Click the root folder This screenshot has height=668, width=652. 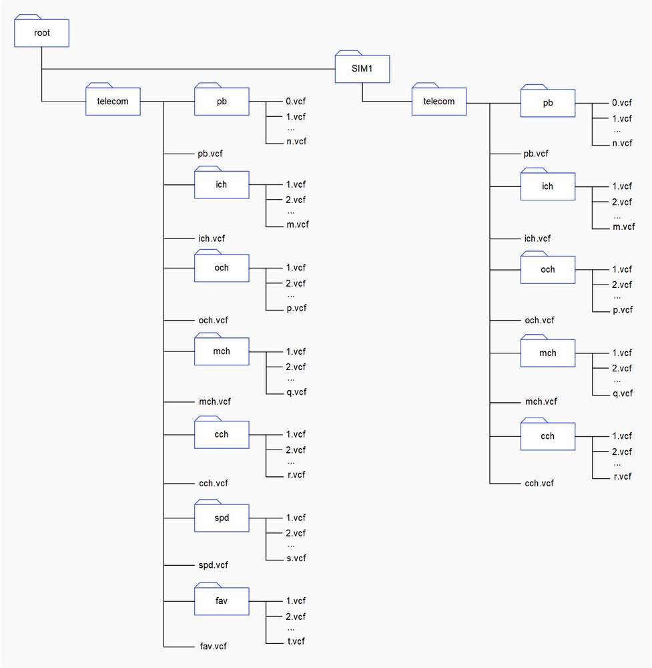click(x=41, y=31)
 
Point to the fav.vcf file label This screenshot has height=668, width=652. click(x=214, y=646)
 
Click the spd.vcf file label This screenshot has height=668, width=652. click(x=214, y=565)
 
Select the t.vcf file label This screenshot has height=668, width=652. click(x=296, y=641)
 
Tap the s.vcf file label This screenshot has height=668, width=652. click(x=296, y=558)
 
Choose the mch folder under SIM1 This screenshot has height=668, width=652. click(x=548, y=351)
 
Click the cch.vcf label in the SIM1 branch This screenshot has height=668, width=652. click(x=539, y=483)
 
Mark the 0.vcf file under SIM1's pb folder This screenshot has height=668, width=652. click(x=622, y=103)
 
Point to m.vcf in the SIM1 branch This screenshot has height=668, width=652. click(x=623, y=226)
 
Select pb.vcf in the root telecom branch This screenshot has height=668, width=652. click(x=210, y=154)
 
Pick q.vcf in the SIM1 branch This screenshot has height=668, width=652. click(x=623, y=393)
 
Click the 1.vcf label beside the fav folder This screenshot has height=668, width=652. click(x=296, y=601)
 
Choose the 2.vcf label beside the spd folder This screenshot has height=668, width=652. click(x=296, y=533)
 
